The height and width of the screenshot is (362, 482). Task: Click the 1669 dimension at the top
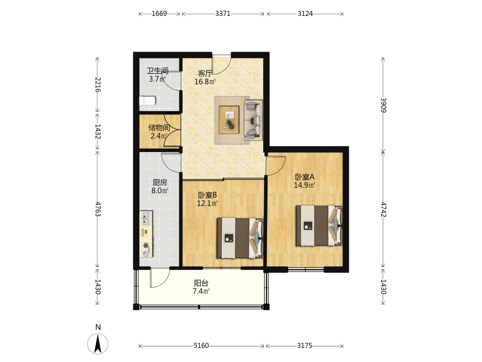[159, 14]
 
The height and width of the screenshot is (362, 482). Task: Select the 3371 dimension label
[223, 14]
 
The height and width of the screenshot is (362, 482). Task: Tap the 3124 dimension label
[305, 14]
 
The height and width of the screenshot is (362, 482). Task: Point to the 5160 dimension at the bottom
[201, 346]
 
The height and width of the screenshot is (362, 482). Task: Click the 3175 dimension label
[305, 346]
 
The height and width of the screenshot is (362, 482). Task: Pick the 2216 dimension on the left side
[98, 84]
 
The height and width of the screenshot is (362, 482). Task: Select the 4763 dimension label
[98, 209]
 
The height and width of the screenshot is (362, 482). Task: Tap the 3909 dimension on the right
[383, 105]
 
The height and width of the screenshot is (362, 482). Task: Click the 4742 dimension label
[383, 209]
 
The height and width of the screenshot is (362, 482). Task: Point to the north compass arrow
[98, 344]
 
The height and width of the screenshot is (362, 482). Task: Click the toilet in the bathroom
[147, 101]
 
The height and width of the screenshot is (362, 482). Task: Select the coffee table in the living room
[229, 120]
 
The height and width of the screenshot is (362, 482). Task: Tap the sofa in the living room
[254, 120]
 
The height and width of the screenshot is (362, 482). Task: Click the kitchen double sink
[146, 218]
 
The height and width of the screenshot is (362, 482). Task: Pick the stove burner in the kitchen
[146, 246]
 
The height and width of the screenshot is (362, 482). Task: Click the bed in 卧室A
[319, 225]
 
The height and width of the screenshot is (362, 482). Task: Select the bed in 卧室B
[240, 238]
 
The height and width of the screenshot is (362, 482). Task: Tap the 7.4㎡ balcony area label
[201, 291]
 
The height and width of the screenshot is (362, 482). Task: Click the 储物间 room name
[159, 127]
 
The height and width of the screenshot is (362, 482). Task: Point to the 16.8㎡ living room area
[205, 82]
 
